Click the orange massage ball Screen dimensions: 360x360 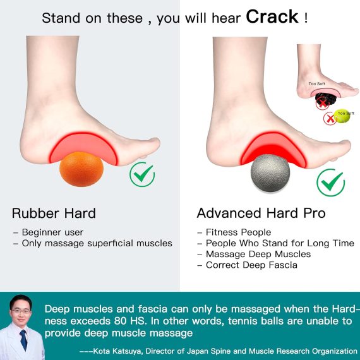pos(81,169)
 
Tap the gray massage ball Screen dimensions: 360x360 pos(270,173)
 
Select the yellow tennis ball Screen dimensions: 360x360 pos(342,116)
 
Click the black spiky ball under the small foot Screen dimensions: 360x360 pos(326,100)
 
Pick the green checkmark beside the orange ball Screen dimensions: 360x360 pos(142,174)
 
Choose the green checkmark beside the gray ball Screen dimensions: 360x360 pos(331,183)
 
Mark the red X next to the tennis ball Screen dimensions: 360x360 pos(330,119)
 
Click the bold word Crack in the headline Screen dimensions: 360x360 pos(272,17)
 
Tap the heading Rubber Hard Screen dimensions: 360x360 pos(54,213)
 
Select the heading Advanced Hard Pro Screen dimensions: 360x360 pos(261,213)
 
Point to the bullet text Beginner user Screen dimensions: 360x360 pos(52,232)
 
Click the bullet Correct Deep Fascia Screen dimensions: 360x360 pos(251,265)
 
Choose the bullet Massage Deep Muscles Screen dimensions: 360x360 pos(258,254)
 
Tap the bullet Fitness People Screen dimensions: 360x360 pos(238,232)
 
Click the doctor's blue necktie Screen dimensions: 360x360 pos(23,340)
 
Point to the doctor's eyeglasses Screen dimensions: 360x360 pos(21,311)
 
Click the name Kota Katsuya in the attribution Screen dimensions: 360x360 pos(117,351)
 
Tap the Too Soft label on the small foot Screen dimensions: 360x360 pos(317,84)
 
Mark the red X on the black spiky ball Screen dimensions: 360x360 pos(323,104)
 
